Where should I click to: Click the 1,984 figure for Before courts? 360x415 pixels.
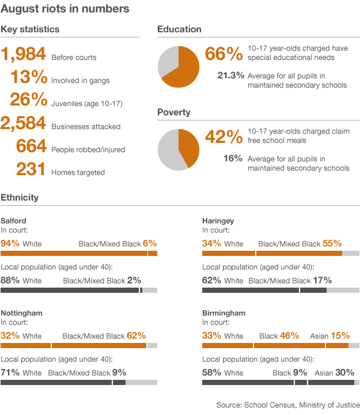point(24,55)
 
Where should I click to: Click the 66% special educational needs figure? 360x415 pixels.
point(223,55)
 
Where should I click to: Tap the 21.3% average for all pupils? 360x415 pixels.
point(230,76)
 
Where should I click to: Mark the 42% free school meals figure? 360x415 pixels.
point(223,137)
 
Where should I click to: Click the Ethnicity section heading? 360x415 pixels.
point(20,198)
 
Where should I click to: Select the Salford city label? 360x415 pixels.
point(13,221)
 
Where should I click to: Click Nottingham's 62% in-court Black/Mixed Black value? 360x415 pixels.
point(137,335)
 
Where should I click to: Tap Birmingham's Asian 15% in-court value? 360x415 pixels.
point(340,335)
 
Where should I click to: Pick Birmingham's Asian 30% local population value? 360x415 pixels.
point(344,372)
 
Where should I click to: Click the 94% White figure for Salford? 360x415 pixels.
point(10,243)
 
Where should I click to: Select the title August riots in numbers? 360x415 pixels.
point(65,9)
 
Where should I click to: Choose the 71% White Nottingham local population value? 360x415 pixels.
point(10,372)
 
